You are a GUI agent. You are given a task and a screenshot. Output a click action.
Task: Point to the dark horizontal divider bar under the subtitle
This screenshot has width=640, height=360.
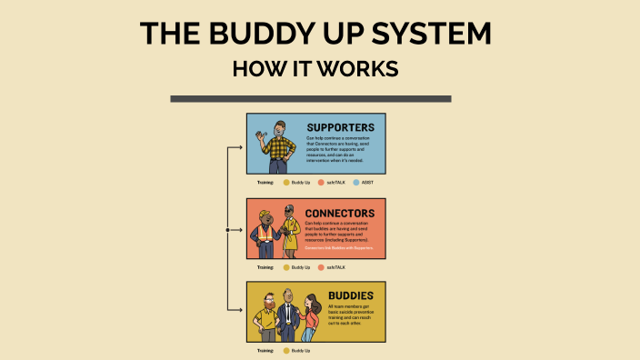(x=310, y=98)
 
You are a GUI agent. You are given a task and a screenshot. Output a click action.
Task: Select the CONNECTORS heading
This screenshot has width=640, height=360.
(x=340, y=214)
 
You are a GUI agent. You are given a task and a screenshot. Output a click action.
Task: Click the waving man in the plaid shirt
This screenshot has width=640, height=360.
(x=278, y=146)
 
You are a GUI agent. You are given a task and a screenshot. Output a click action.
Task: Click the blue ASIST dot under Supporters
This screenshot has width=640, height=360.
(x=355, y=183)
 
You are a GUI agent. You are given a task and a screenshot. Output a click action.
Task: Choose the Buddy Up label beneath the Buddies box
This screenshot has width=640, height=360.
(x=300, y=350)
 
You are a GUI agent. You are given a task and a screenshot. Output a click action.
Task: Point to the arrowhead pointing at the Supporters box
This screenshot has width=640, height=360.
(x=241, y=146)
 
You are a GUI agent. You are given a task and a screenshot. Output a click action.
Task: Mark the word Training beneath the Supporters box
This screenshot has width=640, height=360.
(x=265, y=183)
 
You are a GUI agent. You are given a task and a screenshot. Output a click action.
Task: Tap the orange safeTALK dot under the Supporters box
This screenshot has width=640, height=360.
(x=321, y=183)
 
